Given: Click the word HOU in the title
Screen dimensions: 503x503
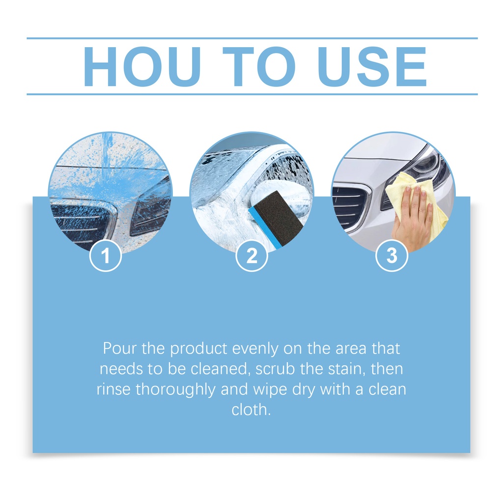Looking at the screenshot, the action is (x=142, y=66).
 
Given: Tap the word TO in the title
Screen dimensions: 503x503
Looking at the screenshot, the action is (x=258, y=66).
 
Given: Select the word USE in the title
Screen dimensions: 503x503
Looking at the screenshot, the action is (x=372, y=66).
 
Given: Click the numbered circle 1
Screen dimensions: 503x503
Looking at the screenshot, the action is (x=105, y=256).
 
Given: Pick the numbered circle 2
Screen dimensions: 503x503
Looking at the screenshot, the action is (x=251, y=256).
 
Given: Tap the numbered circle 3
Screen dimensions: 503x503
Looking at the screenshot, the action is (x=391, y=256).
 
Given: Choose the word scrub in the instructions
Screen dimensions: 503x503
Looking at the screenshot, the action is (x=275, y=369).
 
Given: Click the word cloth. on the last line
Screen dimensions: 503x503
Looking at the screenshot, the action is (x=251, y=410).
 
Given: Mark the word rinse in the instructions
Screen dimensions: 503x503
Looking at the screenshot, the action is (x=113, y=390).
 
